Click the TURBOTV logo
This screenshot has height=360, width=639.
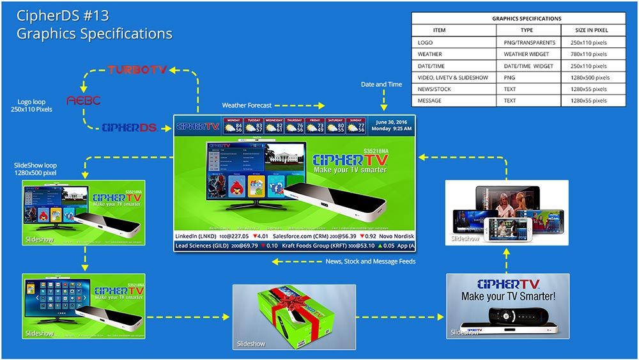tap(137, 69)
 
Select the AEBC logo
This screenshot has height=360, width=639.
tap(84, 100)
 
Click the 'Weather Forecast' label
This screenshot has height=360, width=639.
tap(247, 105)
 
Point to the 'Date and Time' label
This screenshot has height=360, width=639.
tap(381, 84)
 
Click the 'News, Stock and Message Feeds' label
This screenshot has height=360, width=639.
tap(371, 261)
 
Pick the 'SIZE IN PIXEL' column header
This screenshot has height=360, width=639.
tap(592, 30)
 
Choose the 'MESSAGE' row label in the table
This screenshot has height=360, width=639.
tap(429, 100)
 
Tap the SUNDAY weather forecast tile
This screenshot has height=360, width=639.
tap(356, 125)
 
